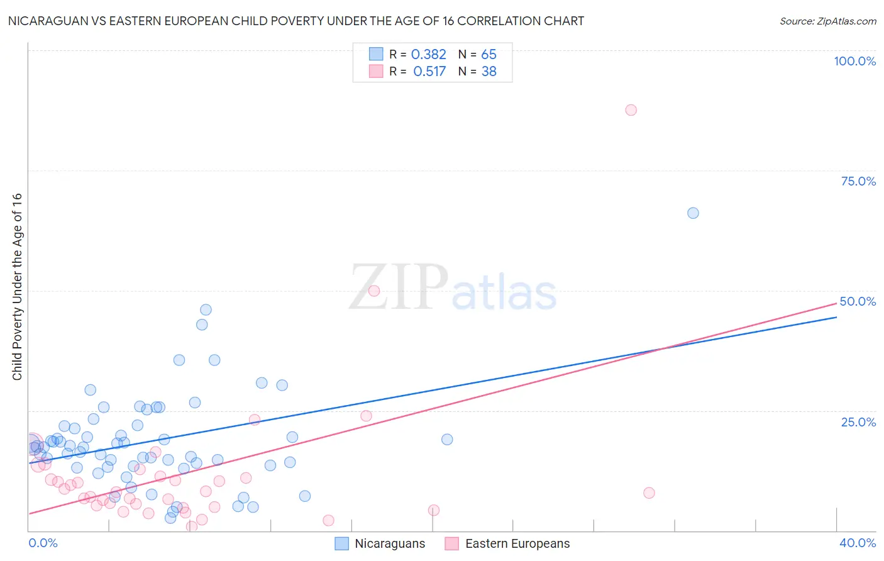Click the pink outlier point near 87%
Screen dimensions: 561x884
coord(631,110)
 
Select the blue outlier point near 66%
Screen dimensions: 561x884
coord(693,213)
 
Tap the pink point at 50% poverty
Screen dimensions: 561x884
coord(374,291)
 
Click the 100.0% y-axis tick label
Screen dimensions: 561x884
coord(854,61)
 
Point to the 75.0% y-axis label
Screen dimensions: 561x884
coord(858,181)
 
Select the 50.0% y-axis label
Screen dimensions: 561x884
coord(858,301)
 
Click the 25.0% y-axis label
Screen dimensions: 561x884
coord(858,421)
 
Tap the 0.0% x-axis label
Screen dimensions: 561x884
coord(43,543)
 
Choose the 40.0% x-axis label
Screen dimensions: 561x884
coord(858,543)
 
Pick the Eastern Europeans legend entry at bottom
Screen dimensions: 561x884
coord(507,543)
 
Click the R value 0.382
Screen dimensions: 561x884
coord(428,55)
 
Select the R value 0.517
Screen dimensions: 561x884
coord(429,72)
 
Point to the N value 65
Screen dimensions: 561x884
coord(489,55)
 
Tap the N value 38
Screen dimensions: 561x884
coord(489,72)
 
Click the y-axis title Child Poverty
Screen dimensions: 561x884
coord(17,286)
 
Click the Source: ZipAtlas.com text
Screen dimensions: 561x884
coord(827,21)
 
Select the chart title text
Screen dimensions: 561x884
coord(296,21)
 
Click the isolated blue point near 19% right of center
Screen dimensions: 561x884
coord(447,440)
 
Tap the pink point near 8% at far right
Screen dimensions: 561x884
coord(649,493)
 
